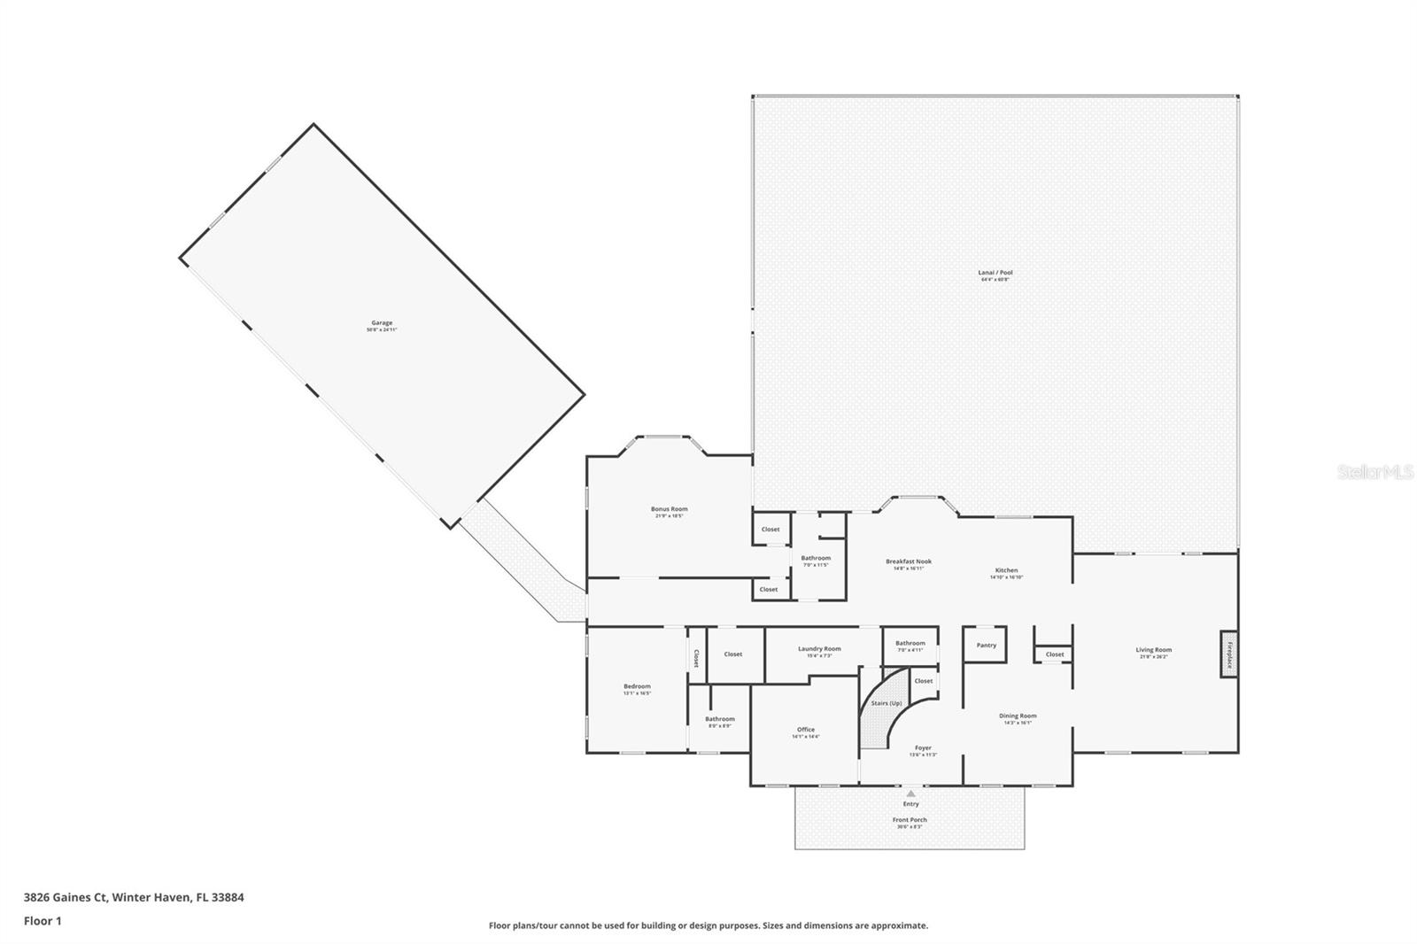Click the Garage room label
point(382,323)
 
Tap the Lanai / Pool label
point(995,273)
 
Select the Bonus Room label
point(669,509)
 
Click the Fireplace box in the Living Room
point(1228,654)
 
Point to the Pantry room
point(986,645)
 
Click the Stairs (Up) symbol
point(886,703)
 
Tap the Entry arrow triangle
point(910,793)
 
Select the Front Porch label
point(910,820)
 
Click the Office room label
point(805,730)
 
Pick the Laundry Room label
point(819,649)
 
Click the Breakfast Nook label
point(909,561)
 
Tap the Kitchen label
point(1006,570)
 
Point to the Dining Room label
point(1018,716)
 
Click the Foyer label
point(923,748)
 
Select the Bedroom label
point(637,686)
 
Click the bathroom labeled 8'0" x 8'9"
point(720,719)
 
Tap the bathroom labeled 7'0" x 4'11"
point(910,644)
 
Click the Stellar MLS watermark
point(1374,473)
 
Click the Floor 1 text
point(43,921)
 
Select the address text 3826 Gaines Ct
point(66,897)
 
